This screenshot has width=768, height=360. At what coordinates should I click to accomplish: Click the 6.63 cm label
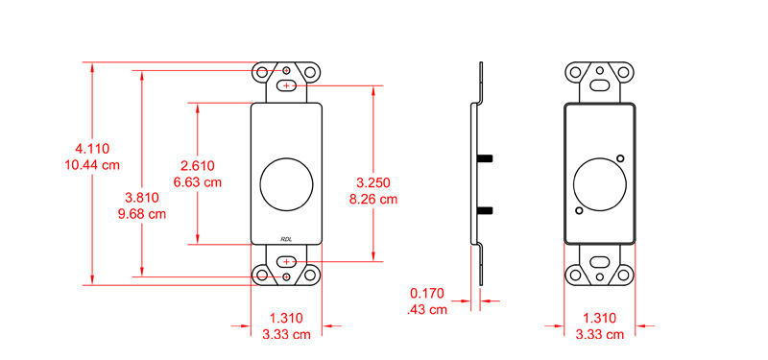tap(197, 181)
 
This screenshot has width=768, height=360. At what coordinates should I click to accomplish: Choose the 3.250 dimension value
tap(373, 182)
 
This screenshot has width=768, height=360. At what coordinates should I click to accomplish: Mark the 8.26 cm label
tap(373, 199)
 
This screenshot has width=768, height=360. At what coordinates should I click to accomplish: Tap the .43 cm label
tap(428, 309)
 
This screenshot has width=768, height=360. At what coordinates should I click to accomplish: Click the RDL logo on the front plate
tap(287, 239)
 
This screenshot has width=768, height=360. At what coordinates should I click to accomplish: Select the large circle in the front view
tap(286, 180)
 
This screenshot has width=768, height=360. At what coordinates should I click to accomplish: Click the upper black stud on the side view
tap(486, 156)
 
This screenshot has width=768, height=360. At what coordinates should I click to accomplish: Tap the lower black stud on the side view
tap(486, 208)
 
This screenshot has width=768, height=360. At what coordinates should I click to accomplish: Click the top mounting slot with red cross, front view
tap(286, 86)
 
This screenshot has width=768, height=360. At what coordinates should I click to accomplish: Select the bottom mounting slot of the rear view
tap(599, 261)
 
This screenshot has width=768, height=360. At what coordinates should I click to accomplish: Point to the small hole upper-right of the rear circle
tap(620, 158)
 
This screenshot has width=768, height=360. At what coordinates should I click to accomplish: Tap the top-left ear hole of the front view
tap(263, 72)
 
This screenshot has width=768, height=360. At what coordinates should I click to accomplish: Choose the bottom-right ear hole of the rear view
tap(623, 276)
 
